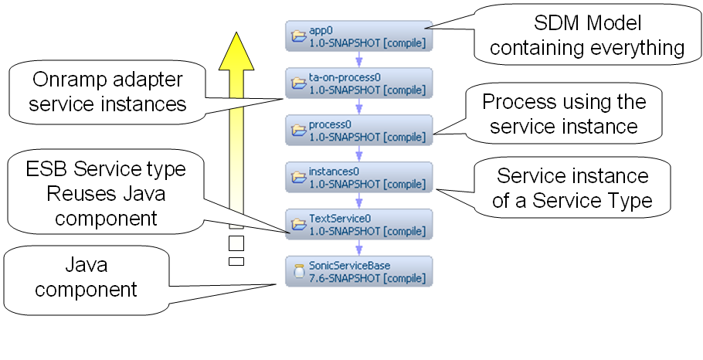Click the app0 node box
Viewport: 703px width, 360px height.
[x=358, y=36]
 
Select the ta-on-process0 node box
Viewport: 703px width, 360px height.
[x=358, y=83]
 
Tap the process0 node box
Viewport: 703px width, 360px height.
[x=358, y=130]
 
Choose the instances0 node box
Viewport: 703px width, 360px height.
[x=358, y=177]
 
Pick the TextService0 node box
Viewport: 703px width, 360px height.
[x=358, y=224]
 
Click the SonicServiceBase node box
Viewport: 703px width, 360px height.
[x=358, y=271]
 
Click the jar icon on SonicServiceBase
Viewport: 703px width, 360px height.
[x=298, y=271]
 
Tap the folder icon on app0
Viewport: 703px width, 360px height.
[x=298, y=36]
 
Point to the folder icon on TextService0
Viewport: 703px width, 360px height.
[x=298, y=224]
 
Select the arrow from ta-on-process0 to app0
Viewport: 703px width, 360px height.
[x=359, y=60]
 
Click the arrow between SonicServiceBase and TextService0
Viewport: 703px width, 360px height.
[x=359, y=248]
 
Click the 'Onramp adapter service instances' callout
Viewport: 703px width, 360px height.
[x=108, y=91]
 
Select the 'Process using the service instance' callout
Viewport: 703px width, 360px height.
[x=563, y=113]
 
